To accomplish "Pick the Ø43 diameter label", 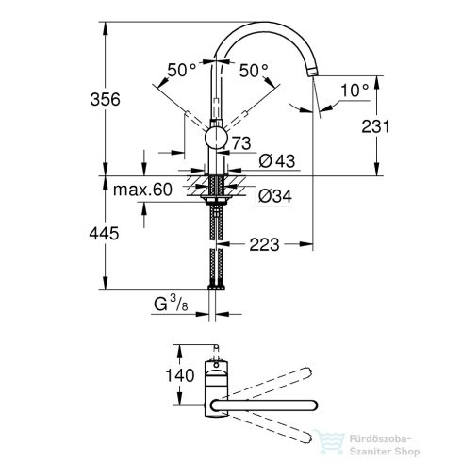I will (273, 161).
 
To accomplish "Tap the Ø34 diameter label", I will (273, 196).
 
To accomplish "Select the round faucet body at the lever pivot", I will (217, 140).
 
